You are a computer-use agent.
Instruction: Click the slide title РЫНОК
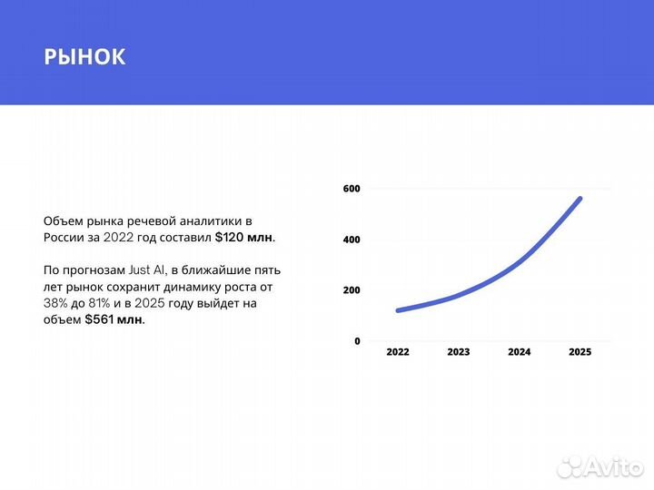(84, 56)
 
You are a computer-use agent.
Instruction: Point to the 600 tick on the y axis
(352, 189)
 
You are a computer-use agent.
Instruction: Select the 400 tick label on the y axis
(352, 240)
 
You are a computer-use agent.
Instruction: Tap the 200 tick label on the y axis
(352, 290)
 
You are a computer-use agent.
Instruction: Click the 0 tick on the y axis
(357, 341)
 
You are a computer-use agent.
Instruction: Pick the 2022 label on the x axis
(398, 352)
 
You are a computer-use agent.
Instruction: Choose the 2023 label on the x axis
(459, 352)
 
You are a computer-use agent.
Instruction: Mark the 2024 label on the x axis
(520, 352)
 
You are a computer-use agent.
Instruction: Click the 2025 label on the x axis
(580, 352)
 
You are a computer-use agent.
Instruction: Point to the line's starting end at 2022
(399, 310)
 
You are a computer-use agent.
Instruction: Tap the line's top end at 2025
(580, 199)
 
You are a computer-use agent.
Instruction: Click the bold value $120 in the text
(229, 237)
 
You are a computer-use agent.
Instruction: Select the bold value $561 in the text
(99, 319)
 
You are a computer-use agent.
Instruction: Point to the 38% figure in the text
(55, 303)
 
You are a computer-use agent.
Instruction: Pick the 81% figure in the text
(99, 303)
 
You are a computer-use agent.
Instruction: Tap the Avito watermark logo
(599, 466)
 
